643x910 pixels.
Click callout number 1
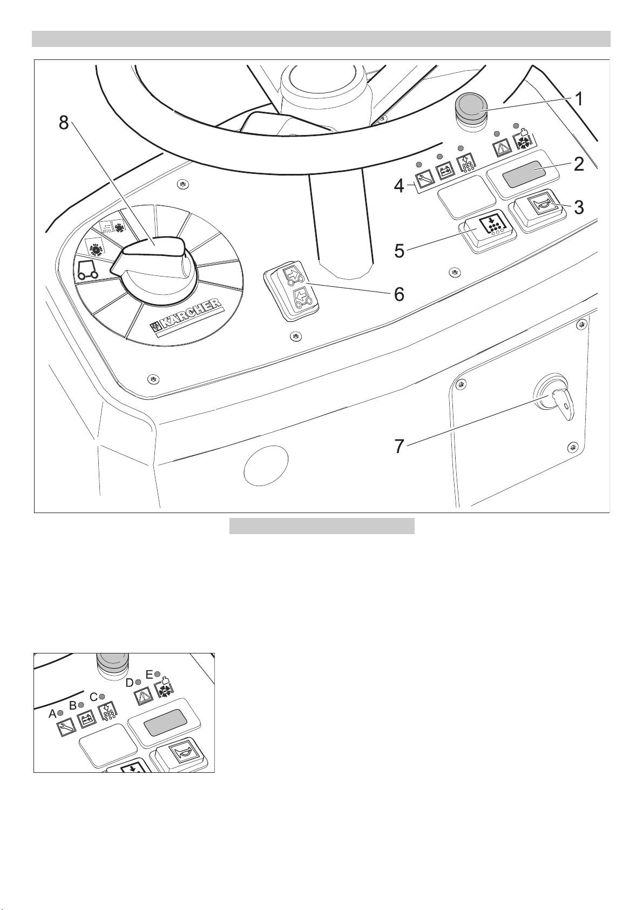(x=579, y=99)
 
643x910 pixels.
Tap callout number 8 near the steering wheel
(x=64, y=122)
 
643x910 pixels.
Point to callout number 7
(x=400, y=447)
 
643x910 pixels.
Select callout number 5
(x=400, y=251)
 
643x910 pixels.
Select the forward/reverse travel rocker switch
(x=291, y=291)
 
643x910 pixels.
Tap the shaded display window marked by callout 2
(x=524, y=173)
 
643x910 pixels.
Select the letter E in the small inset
(x=149, y=675)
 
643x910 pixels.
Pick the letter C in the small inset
(x=93, y=697)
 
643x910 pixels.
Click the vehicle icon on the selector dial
(x=87, y=269)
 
